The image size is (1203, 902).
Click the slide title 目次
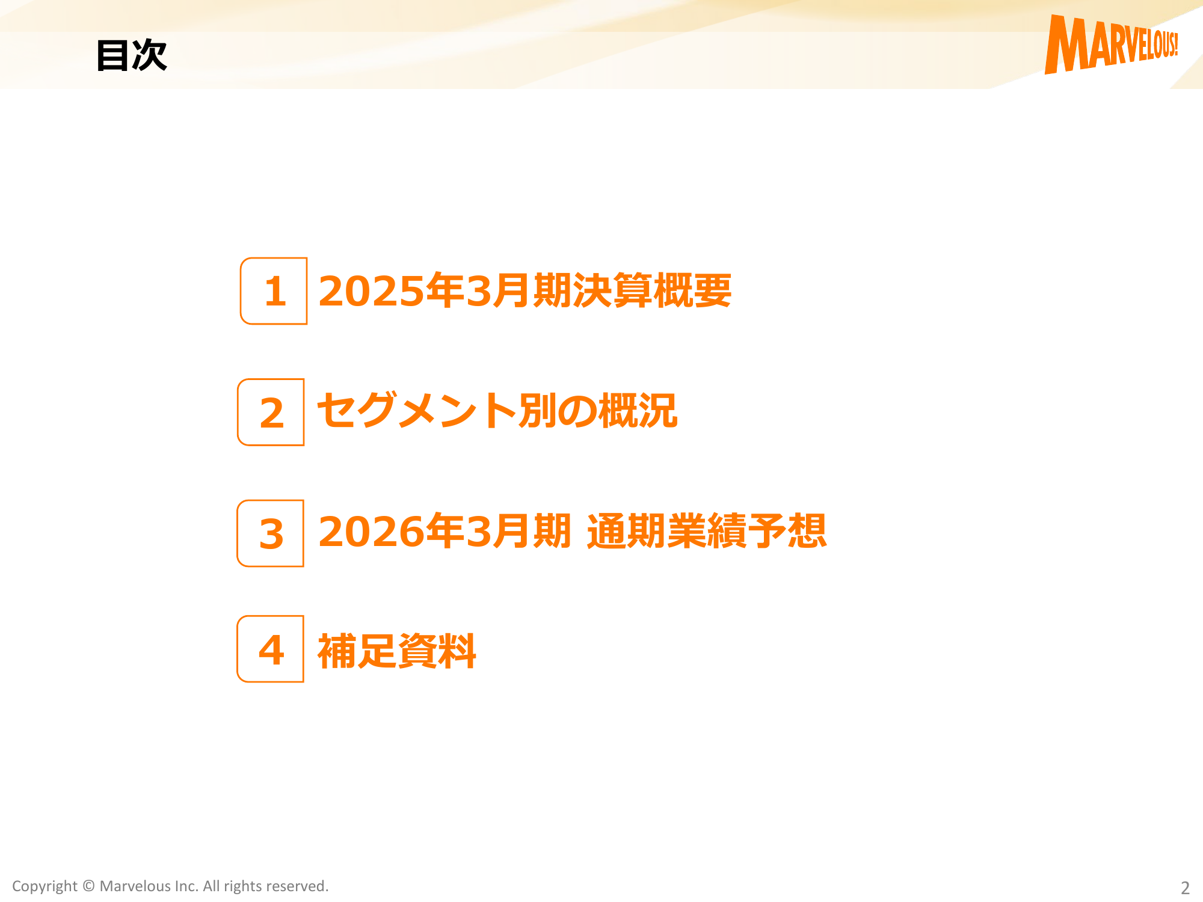(132, 55)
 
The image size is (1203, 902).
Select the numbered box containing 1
(274, 291)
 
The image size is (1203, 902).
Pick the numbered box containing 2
(271, 412)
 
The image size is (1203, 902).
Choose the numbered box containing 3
(270, 533)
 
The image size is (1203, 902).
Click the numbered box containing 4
(270, 649)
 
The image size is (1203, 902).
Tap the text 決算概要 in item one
(652, 290)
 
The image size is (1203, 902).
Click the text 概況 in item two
(638, 411)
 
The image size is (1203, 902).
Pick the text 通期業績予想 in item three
(707, 531)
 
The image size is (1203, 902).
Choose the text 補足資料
(397, 651)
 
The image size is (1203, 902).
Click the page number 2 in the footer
(1185, 888)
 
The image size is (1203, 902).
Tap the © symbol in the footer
(88, 886)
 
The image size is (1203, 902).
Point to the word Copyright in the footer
(45, 886)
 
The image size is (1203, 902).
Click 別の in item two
(558, 411)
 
